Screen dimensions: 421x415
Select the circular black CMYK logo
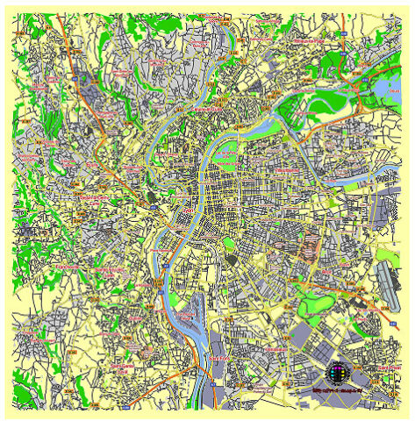339,372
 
